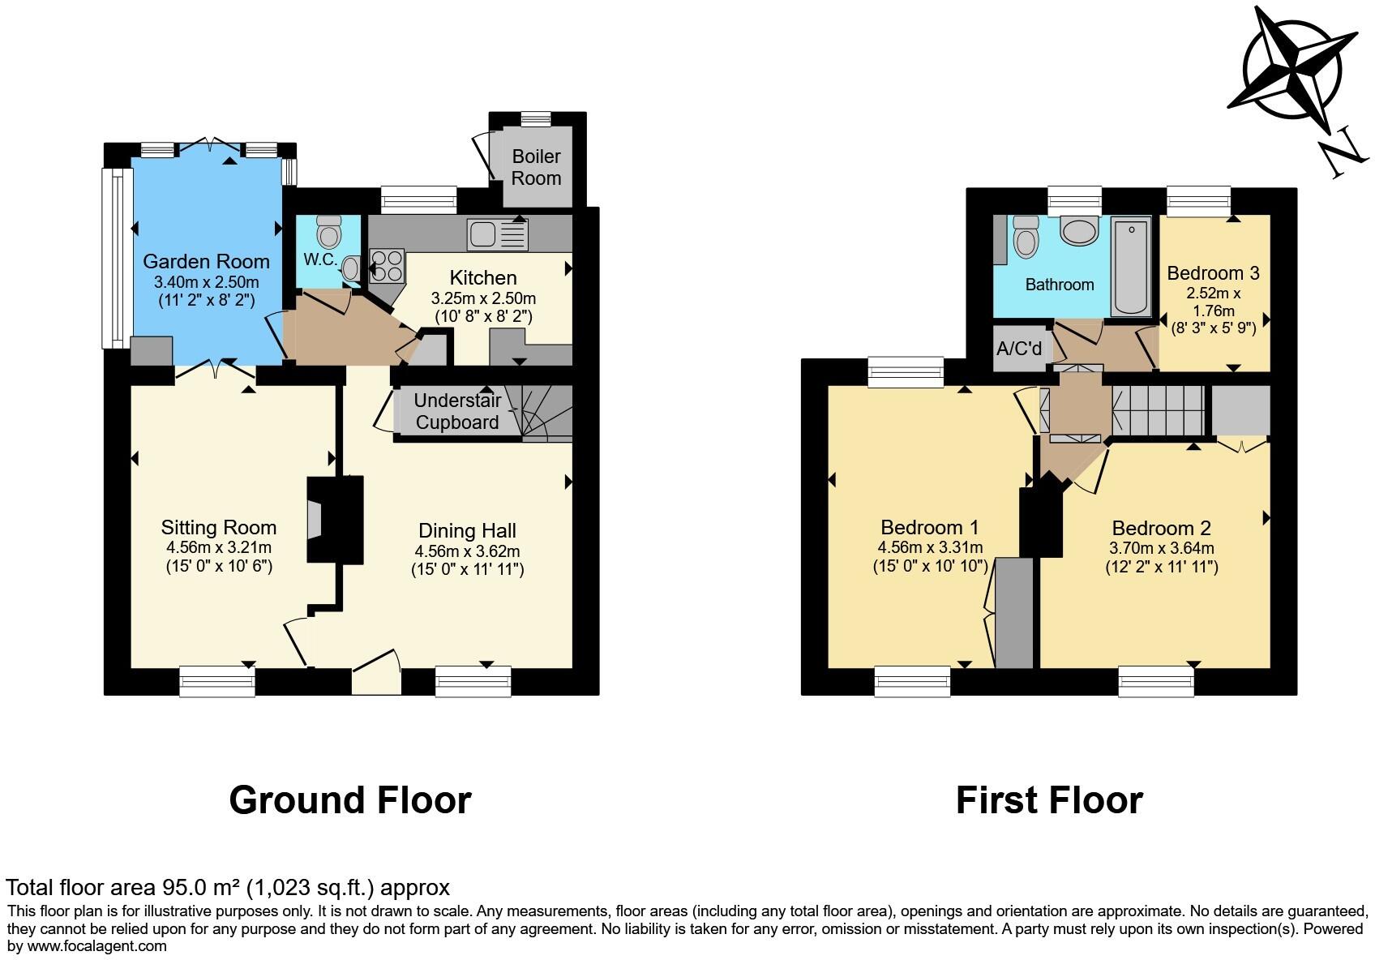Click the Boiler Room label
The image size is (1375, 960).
(536, 167)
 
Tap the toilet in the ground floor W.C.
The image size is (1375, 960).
(330, 231)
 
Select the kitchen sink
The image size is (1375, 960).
(497, 234)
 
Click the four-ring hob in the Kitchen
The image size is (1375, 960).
(387, 266)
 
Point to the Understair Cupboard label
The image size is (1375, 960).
(457, 411)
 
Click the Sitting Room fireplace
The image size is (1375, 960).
(335, 519)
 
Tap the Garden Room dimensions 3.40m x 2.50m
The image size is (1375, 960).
(206, 282)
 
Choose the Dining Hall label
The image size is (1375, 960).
(467, 530)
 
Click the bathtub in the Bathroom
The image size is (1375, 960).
(1131, 266)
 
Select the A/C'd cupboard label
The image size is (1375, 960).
(1019, 349)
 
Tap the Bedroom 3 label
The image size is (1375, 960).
(1213, 272)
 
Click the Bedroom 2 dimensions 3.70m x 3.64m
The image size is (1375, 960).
(1162, 548)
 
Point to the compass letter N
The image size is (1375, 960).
(1343, 152)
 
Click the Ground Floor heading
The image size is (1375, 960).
(350, 800)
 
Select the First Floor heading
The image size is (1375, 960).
(1050, 800)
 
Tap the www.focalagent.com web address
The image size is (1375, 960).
(97, 946)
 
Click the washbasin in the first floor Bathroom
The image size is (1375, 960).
(1080, 231)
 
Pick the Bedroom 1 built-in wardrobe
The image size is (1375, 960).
(1013, 613)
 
